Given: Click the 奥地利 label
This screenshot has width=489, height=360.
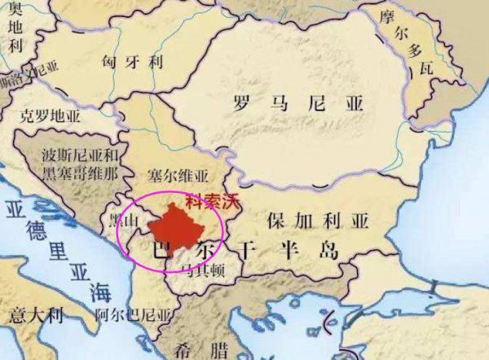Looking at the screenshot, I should (x=14, y=35).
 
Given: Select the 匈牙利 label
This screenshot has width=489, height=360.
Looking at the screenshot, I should (x=134, y=61).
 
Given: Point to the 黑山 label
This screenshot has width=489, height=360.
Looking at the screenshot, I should (x=131, y=221).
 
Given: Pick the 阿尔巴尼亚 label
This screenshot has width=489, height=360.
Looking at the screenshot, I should (x=134, y=314).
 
